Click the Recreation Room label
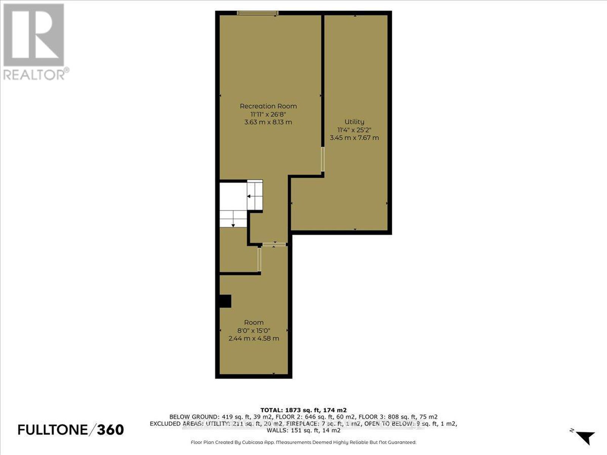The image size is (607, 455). click(268, 106)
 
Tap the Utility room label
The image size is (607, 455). click(354, 122)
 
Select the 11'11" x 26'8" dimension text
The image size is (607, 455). click(268, 114)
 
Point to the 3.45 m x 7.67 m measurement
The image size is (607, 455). click(354, 138)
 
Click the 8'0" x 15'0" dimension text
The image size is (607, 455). click(253, 330)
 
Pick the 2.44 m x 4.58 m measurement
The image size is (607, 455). click(253, 339)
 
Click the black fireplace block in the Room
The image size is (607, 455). click(225, 301)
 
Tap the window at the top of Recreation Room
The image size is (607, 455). click(258, 13)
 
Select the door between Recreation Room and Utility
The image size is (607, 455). click(322, 159)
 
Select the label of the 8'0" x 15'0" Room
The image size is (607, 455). click(253, 322)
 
